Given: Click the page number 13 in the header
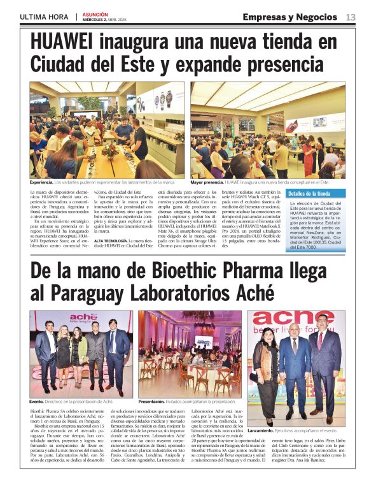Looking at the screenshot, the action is pyautogui.click(x=351, y=17).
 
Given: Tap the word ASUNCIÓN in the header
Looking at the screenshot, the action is pyautogui.click(x=95, y=13).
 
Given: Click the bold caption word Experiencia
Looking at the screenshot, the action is pyautogui.click(x=41, y=182).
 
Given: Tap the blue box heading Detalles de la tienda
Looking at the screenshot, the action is pyautogui.click(x=310, y=193).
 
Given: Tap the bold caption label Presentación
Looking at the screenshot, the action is pyautogui.click(x=151, y=401).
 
